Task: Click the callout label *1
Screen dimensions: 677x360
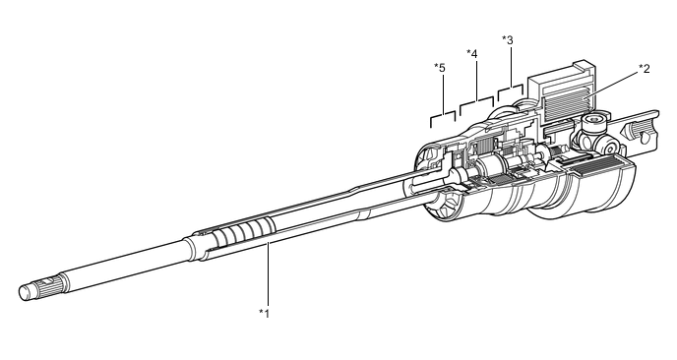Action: tap(264, 313)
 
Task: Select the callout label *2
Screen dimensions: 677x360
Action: tap(645, 68)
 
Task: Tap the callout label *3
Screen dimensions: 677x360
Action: tap(508, 40)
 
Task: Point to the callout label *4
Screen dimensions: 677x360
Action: tap(472, 54)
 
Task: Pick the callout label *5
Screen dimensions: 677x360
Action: tap(440, 68)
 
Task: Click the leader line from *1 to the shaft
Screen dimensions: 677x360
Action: tap(268, 274)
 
